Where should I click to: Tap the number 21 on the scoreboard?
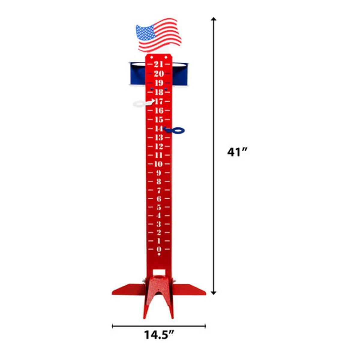(x=159, y=64)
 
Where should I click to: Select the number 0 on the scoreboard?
(x=159, y=249)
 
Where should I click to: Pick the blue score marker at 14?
(x=174, y=130)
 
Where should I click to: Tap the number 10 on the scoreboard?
(x=159, y=164)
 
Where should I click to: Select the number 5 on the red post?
(x=159, y=207)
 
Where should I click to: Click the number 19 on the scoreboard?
(x=159, y=83)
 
